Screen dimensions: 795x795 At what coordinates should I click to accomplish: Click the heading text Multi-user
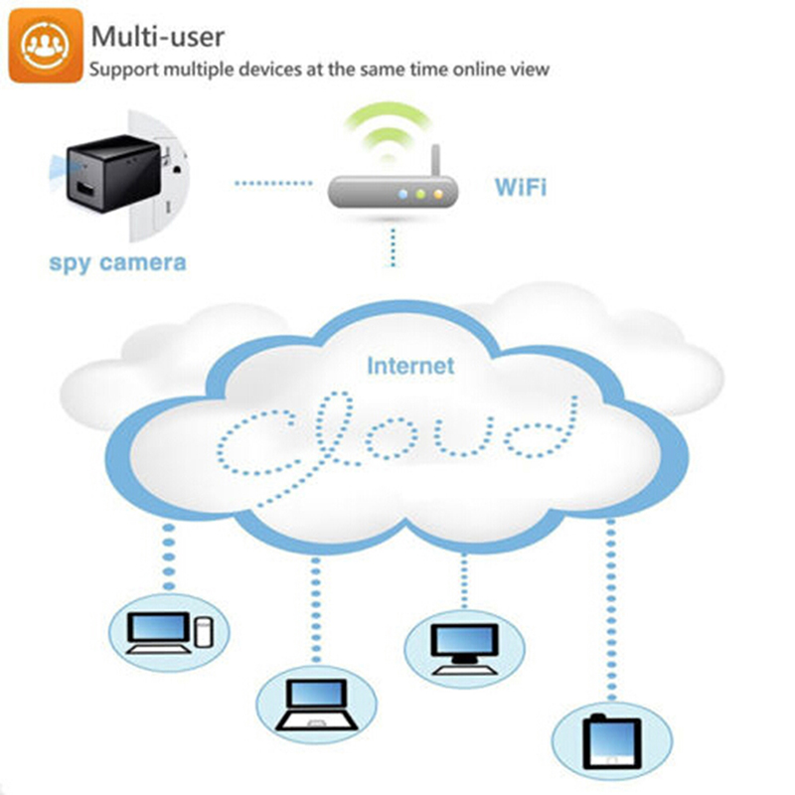157,36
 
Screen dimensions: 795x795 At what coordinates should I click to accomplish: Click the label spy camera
117,263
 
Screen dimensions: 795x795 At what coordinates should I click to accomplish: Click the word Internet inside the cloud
409,366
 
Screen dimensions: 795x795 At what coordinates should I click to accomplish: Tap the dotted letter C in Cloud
253,437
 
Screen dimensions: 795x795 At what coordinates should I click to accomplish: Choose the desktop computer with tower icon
166,631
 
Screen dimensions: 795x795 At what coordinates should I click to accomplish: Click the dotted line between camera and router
271,183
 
